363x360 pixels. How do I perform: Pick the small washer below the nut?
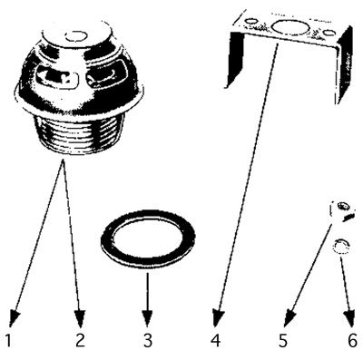(342, 246)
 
